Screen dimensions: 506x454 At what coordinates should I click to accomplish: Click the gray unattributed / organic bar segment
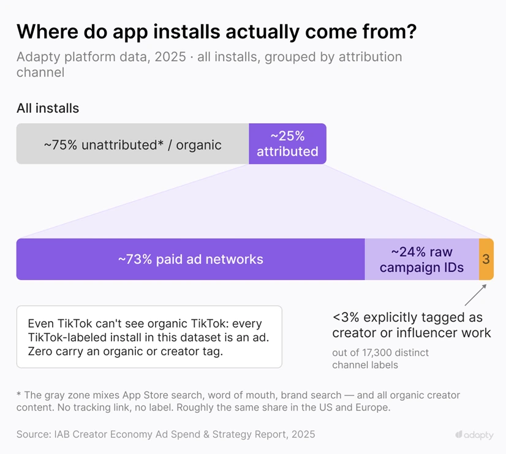pyautogui.click(x=133, y=143)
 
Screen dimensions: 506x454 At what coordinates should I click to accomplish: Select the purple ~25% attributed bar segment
pyautogui.click(x=287, y=143)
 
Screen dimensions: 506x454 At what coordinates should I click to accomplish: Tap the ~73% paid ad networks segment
pyautogui.click(x=191, y=259)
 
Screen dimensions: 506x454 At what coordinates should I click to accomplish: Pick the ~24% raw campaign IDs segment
pyautogui.click(x=422, y=259)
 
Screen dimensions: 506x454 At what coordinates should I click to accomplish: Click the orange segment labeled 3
pyautogui.click(x=486, y=259)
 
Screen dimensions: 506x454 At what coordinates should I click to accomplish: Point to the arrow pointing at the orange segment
pyautogui.click(x=475, y=295)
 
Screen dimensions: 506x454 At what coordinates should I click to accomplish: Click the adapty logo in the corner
pyautogui.click(x=474, y=435)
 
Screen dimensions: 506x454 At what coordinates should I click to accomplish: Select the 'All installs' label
pyautogui.click(x=48, y=108)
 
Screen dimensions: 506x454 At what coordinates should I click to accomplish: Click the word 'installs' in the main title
pyautogui.click(x=187, y=32)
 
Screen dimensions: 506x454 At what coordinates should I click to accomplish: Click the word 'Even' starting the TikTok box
pyautogui.click(x=40, y=323)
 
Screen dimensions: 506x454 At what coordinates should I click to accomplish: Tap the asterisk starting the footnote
pyautogui.click(x=19, y=394)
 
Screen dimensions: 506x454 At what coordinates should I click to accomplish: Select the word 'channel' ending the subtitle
pyautogui.click(x=40, y=72)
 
